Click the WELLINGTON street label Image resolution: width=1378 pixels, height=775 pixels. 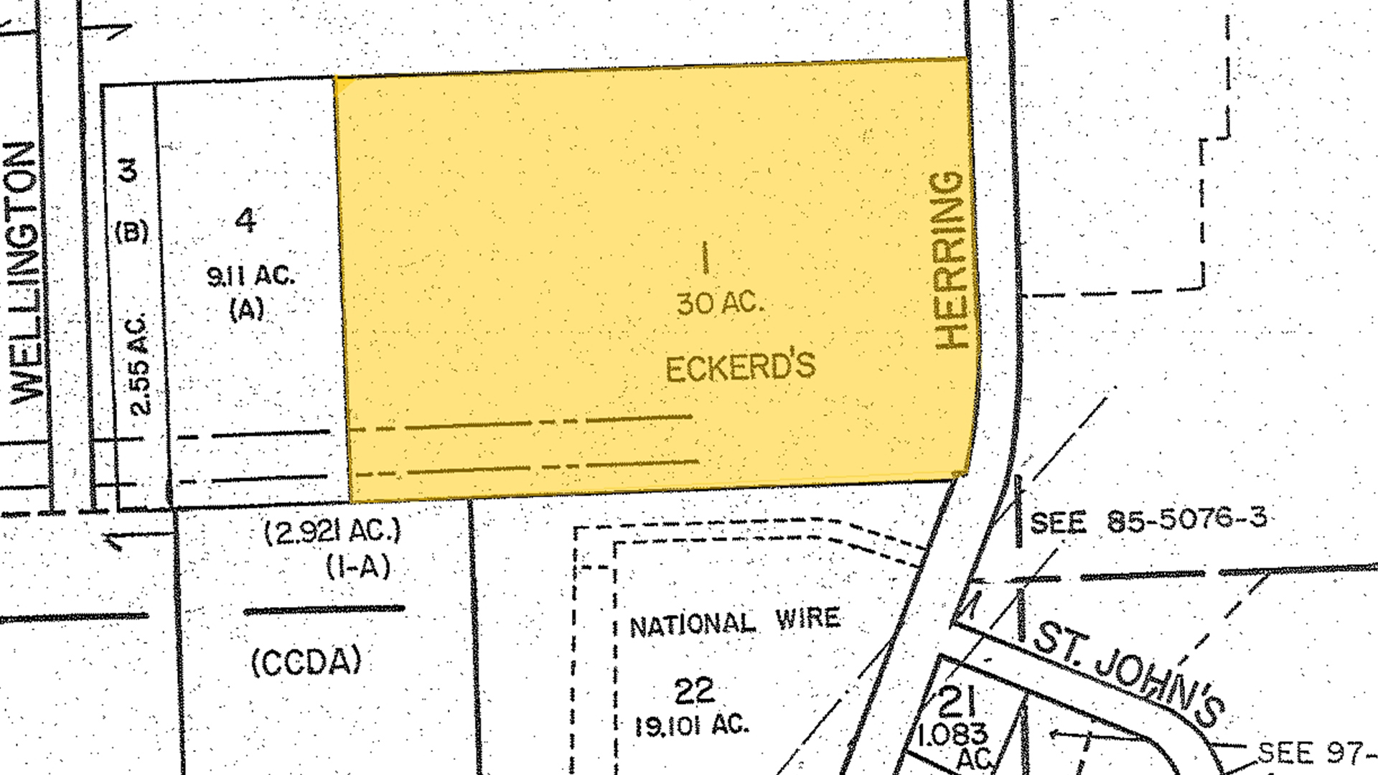coord(26,273)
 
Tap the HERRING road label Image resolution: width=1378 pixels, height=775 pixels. coord(953,260)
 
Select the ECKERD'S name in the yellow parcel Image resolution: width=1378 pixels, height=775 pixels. coord(740,367)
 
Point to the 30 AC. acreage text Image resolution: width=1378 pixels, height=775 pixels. coord(720,304)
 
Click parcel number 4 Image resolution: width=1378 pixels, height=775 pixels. coord(245,220)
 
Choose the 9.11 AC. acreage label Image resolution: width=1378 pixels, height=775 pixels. coord(250,276)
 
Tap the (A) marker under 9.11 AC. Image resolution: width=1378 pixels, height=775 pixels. coord(247,309)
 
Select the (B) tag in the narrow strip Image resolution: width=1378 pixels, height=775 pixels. coord(132,231)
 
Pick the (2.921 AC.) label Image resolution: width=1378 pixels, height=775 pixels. coord(333,532)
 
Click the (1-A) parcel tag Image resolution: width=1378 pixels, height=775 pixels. coord(358,567)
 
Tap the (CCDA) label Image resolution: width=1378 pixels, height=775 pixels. coord(306,662)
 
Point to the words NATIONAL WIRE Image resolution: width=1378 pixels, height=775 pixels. coord(734,622)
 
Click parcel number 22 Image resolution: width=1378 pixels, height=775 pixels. coord(695,691)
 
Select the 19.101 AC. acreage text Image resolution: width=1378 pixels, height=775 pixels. coord(692,725)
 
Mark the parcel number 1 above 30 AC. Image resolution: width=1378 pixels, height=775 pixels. coord(706,258)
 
